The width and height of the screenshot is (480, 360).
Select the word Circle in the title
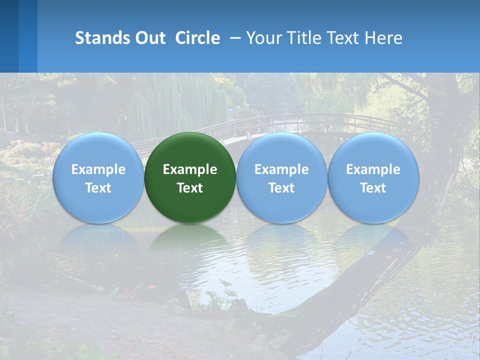pyautogui.click(x=197, y=38)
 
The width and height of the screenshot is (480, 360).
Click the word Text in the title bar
pyautogui.click(x=344, y=38)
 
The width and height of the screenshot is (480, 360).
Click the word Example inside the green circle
pyautogui.click(x=190, y=169)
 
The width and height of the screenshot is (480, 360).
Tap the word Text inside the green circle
pyautogui.click(x=190, y=188)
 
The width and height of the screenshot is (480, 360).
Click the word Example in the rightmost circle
pyautogui.click(x=373, y=169)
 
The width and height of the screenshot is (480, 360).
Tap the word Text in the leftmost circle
pyautogui.click(x=98, y=188)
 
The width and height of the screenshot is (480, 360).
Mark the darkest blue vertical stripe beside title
pyautogui.click(x=9, y=36)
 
